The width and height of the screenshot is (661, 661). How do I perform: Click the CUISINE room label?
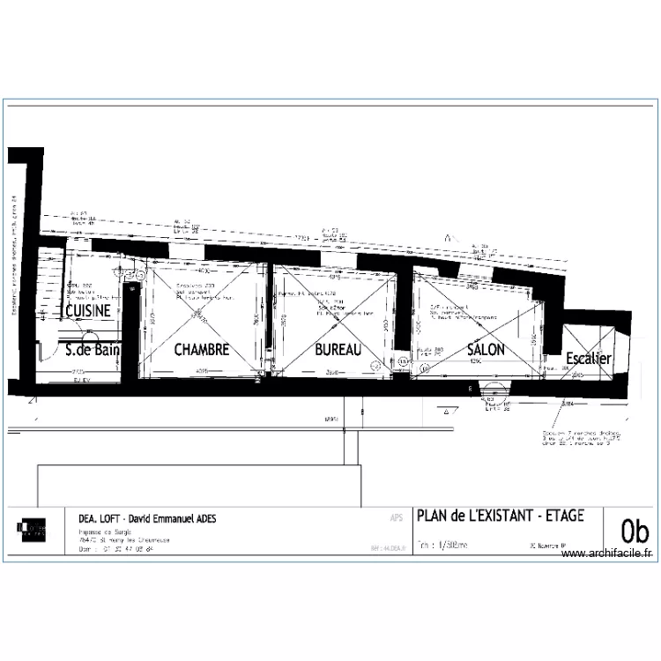(87, 311)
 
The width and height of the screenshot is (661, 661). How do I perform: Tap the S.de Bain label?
(93, 350)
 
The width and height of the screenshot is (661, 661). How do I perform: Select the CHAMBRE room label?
(202, 350)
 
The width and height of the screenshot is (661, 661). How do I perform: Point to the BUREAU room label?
(338, 350)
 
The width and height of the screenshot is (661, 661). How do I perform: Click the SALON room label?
(486, 349)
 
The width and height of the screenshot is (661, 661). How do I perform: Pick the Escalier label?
(589, 359)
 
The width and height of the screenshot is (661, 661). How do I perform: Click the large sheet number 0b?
(635, 531)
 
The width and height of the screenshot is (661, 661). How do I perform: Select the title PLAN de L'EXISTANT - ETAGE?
(500, 516)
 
